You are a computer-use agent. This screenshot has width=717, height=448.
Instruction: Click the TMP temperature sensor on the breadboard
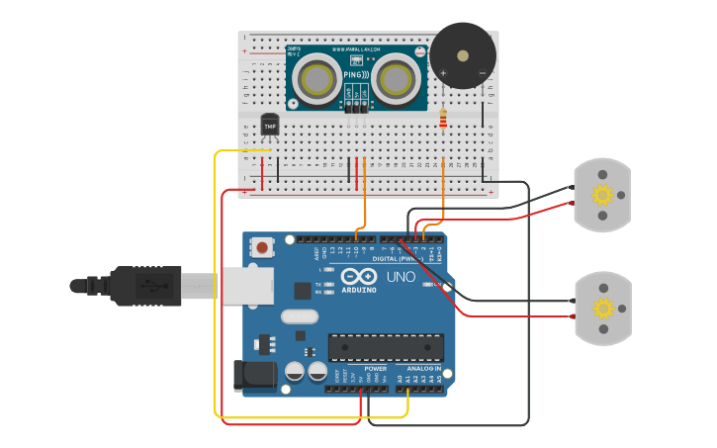tap(269, 126)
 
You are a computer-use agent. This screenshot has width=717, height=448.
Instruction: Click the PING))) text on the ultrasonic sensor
tap(356, 75)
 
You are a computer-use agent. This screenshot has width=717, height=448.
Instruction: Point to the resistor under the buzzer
tap(442, 120)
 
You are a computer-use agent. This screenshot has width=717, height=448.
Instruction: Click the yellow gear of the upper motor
tap(602, 195)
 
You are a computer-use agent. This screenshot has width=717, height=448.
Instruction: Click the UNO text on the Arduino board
tap(401, 277)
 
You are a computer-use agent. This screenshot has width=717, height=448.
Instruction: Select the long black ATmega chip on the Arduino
tap(386, 347)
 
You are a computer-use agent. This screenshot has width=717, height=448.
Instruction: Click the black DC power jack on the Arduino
tap(249, 376)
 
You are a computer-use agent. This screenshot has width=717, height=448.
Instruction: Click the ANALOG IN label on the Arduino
tap(423, 368)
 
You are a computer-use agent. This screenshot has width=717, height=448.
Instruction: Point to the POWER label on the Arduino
tap(376, 368)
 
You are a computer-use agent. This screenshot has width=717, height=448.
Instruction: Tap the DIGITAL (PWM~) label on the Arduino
tap(405, 258)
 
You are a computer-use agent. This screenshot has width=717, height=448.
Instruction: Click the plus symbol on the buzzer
tap(443, 73)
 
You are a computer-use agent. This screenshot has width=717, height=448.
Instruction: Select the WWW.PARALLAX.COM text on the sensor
tap(356, 49)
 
